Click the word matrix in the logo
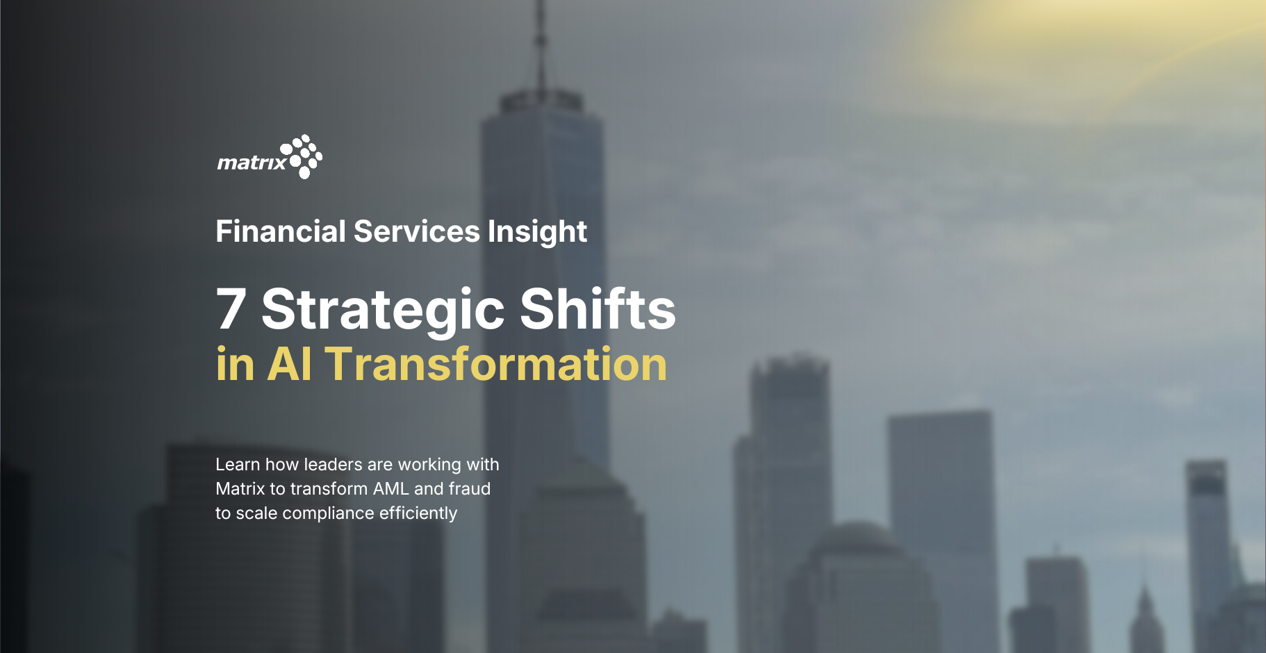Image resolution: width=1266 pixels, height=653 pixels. pyautogui.click(x=252, y=163)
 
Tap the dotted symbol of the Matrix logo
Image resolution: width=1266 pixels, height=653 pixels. pyautogui.click(x=301, y=156)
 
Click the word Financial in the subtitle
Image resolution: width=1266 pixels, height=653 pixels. pyautogui.click(x=281, y=231)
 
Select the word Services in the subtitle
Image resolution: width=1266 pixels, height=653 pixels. pyautogui.click(x=416, y=231)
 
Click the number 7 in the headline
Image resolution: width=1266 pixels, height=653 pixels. pyautogui.click(x=231, y=308)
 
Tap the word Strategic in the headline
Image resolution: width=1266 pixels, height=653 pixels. pyautogui.click(x=383, y=311)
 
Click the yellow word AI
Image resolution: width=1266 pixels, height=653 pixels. pyautogui.click(x=289, y=364)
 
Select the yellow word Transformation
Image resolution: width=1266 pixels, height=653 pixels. pyautogui.click(x=496, y=364)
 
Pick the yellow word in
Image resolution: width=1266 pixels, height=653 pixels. pyautogui.click(x=235, y=364)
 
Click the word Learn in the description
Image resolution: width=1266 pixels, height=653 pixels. pyautogui.click(x=238, y=464)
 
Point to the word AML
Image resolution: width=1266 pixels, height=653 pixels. pyautogui.click(x=391, y=488)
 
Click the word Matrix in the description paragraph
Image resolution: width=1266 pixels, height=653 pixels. pyautogui.click(x=240, y=488)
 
